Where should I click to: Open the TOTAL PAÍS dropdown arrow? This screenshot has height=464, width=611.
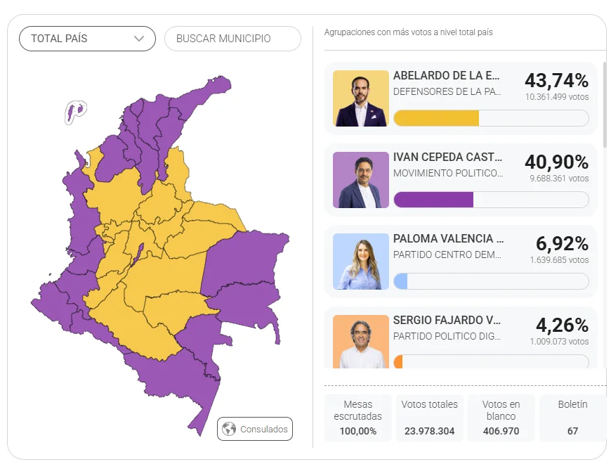tap(139, 39)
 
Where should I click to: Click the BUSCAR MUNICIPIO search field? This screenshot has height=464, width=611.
tap(232, 39)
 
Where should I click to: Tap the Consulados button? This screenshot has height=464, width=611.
tap(255, 429)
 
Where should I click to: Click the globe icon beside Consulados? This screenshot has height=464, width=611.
tap(229, 429)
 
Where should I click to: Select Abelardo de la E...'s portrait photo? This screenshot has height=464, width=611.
tap(361, 98)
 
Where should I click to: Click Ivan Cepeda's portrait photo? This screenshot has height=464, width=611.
tap(361, 180)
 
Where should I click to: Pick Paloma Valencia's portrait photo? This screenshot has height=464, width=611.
tap(361, 262)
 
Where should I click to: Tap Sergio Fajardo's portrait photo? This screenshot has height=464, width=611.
tap(361, 342)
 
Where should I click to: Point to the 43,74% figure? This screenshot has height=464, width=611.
tap(556, 81)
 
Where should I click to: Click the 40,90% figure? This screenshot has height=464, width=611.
tap(556, 162)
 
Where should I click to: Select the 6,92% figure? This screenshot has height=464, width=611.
tap(562, 244)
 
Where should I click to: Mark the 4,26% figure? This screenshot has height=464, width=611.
tap(562, 326)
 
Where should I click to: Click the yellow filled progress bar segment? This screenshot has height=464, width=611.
tap(436, 118)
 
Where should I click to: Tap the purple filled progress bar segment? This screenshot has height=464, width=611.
tap(434, 200)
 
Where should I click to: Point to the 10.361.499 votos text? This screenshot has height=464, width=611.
tap(557, 97)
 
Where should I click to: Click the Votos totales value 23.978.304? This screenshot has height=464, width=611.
tap(429, 431)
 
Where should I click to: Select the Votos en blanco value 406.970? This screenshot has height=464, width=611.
tap(501, 431)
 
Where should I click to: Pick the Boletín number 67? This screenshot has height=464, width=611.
tap(572, 431)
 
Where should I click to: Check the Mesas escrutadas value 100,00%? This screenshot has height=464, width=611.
tap(358, 431)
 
